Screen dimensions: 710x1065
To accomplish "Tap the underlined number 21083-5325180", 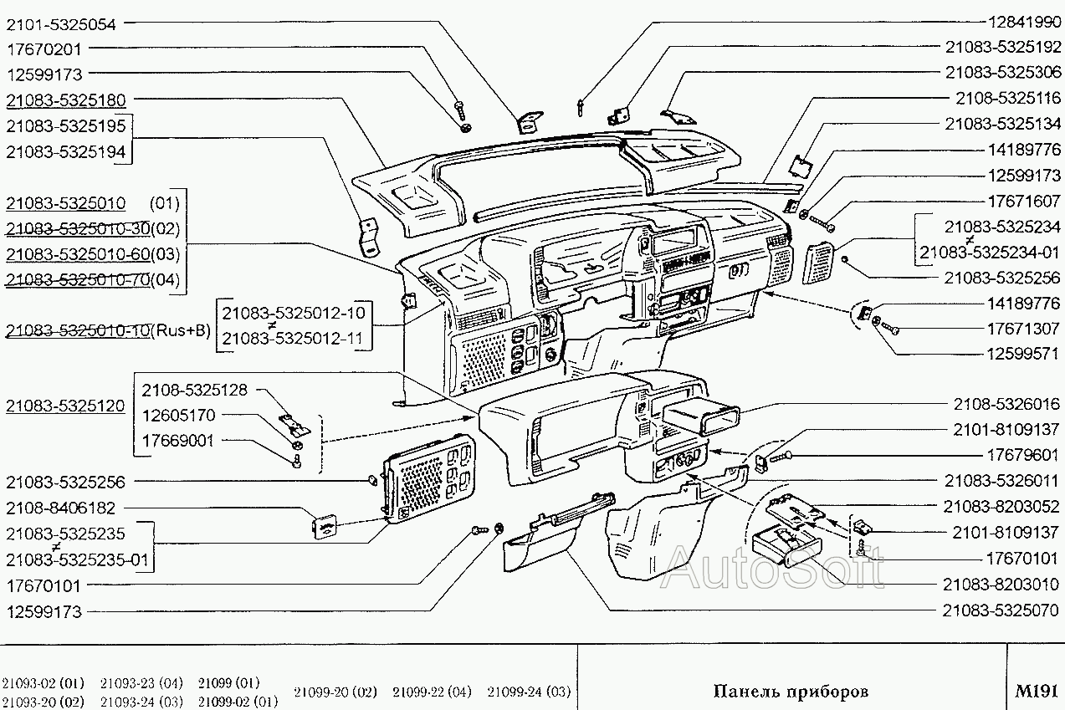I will [x=65, y=100].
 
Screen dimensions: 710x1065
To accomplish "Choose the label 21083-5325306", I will [x=1002, y=72].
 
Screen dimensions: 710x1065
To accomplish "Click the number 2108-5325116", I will [x=1007, y=98].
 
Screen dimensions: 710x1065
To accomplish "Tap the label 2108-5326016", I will [x=1006, y=404].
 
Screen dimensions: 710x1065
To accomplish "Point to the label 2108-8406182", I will [x=61, y=508].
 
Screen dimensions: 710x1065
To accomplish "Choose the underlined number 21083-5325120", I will [x=65, y=406].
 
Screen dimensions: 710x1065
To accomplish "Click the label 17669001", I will [x=177, y=441].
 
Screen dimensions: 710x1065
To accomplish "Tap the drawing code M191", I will [x=1037, y=692].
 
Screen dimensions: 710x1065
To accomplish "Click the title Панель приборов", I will [x=790, y=692].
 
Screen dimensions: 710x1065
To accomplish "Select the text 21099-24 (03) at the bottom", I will [x=529, y=692].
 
